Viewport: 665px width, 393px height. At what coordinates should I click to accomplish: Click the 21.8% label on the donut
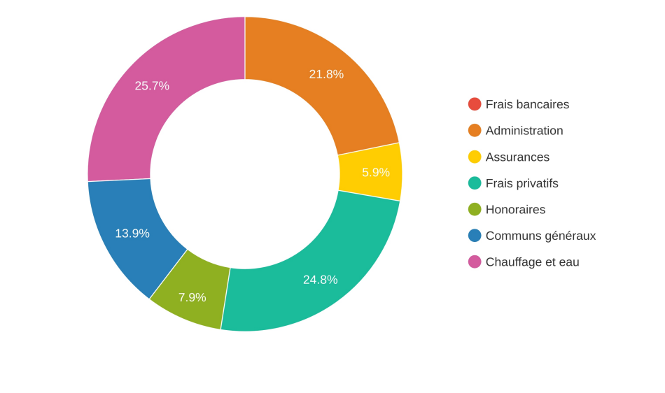point(326,74)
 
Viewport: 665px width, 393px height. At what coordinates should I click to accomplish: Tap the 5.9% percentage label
point(375,172)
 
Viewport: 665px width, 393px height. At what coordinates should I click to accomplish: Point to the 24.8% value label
point(320,280)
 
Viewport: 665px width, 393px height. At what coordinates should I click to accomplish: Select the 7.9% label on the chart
point(192,297)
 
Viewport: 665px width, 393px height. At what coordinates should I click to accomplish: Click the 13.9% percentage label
point(132,234)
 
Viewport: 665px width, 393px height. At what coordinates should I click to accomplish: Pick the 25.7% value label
point(152,86)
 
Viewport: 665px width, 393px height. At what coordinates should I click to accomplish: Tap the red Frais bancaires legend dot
point(475,104)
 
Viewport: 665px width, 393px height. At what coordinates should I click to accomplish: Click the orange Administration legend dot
point(475,131)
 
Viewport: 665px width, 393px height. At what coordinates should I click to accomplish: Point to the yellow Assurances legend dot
point(475,157)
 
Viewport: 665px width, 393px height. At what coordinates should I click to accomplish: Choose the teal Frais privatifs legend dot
point(475,183)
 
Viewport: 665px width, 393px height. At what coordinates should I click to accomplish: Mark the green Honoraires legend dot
point(475,209)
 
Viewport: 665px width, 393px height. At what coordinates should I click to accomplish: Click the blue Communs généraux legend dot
point(475,236)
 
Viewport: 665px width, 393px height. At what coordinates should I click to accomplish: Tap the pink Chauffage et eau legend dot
point(475,262)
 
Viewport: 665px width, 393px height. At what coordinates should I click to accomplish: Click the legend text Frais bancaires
point(527,104)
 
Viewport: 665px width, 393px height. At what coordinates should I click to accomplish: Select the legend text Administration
point(524,131)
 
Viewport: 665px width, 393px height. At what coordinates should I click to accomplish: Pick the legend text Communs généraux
point(540,236)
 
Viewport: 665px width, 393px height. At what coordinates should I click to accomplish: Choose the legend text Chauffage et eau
point(532,262)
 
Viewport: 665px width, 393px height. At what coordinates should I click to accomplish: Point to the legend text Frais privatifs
point(521,183)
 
